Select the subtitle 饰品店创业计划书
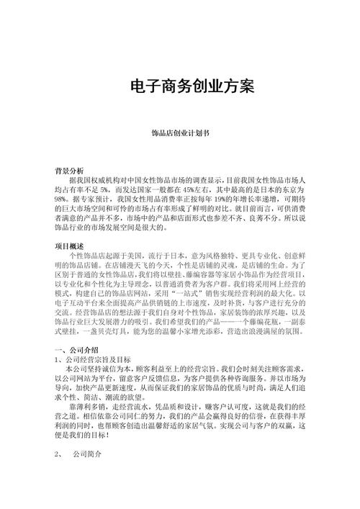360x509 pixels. point(179,134)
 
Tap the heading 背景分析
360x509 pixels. point(69,170)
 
